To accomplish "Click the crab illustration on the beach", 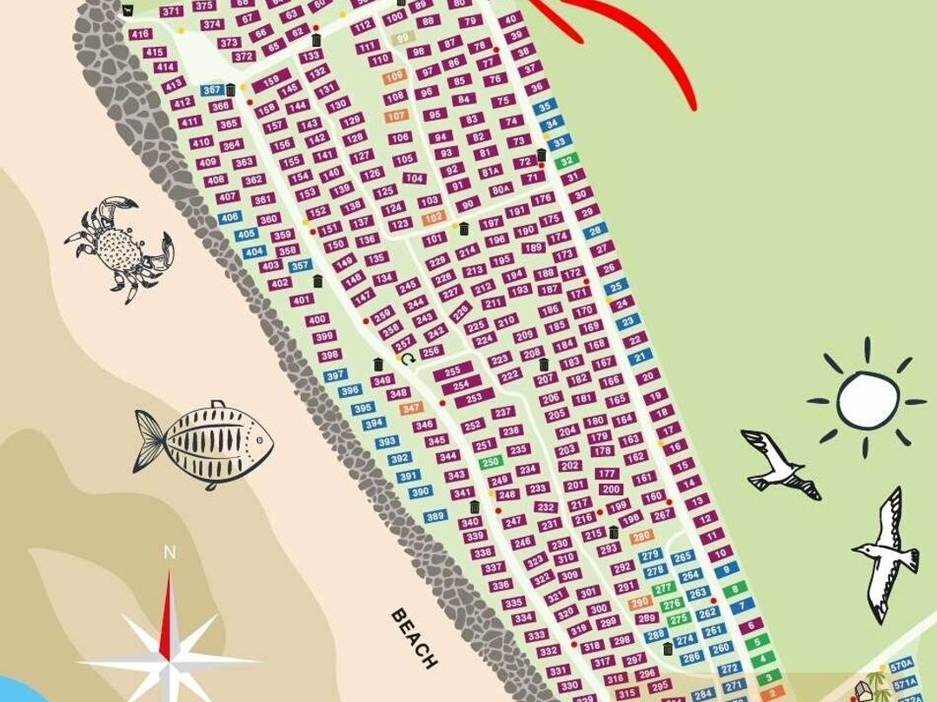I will point(118,248).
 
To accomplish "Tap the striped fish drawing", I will point(203,443).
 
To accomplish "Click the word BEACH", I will point(414,637).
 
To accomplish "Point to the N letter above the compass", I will point(169,553).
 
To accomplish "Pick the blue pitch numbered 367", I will point(212,89).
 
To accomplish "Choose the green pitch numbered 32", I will point(567,161).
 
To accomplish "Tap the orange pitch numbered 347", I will point(411,407).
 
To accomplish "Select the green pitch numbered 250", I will point(490,462).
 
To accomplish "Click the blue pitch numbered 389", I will point(435,516).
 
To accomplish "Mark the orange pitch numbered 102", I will point(433,217).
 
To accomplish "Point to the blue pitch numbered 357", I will point(300,265).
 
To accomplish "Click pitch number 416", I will point(139,34).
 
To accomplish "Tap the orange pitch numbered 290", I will point(640,602).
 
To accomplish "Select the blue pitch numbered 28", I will point(595,231).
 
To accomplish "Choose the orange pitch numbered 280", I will point(641,536).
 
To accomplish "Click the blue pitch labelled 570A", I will point(901,665).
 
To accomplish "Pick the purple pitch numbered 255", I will point(452,371).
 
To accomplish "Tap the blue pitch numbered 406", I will point(229,217).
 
